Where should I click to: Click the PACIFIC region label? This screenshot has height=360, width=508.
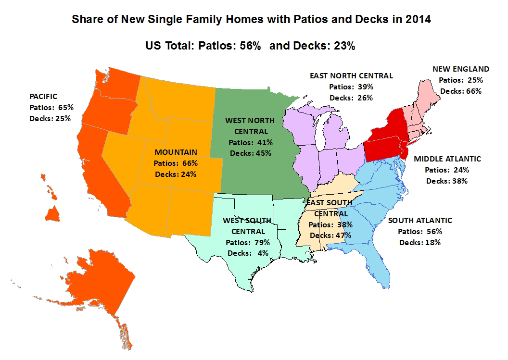click(x=43, y=97)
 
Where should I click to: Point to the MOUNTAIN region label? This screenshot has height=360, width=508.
click(x=176, y=152)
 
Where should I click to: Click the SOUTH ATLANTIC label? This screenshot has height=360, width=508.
click(x=420, y=221)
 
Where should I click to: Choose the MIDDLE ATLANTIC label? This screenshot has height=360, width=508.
click(x=447, y=159)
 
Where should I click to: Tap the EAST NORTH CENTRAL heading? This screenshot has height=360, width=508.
click(x=351, y=75)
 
